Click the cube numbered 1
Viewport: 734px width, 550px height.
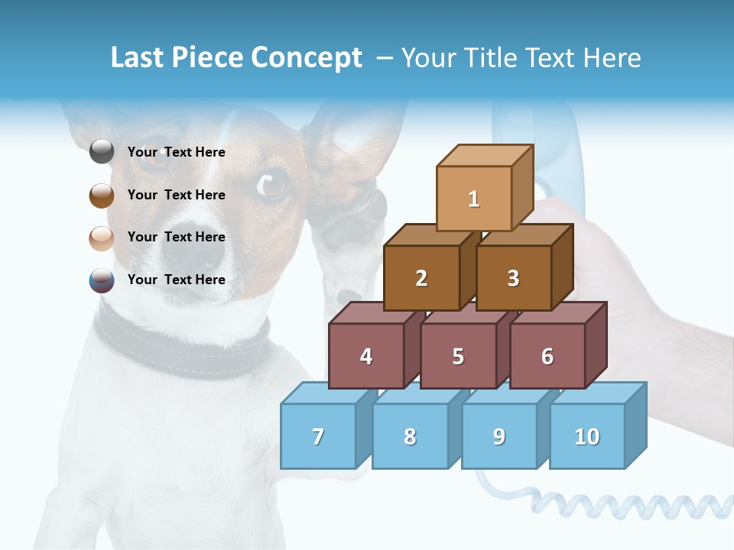474,199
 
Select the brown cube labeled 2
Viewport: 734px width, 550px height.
421,278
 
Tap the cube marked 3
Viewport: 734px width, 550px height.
513,278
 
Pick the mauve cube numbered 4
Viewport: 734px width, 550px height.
366,356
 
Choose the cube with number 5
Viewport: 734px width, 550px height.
458,356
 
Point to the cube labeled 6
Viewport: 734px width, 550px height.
547,356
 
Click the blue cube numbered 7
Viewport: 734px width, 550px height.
318,436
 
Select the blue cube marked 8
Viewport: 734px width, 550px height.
410,436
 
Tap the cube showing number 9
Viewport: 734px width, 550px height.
499,436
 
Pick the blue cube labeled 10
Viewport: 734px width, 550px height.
587,436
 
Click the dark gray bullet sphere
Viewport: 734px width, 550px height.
102,152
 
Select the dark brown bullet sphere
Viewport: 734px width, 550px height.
102,195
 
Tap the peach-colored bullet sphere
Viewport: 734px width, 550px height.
102,238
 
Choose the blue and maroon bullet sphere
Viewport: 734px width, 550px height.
102,280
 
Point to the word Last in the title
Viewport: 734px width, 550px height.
139,58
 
